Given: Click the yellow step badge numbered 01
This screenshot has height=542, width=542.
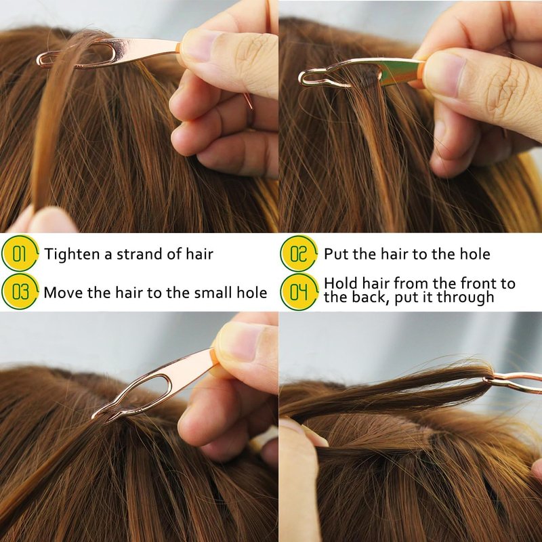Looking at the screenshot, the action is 20,253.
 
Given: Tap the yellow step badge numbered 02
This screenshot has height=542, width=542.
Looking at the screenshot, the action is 299,253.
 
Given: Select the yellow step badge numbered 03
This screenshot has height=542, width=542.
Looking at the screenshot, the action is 20,291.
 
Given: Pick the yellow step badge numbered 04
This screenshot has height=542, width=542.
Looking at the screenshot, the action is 299,291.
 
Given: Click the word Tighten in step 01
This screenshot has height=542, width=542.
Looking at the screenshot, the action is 72,254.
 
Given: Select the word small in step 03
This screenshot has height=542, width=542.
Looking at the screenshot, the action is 213,293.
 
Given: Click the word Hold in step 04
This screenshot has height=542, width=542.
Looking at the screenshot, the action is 341,283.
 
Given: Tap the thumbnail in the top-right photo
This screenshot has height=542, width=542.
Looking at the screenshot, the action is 444,73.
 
